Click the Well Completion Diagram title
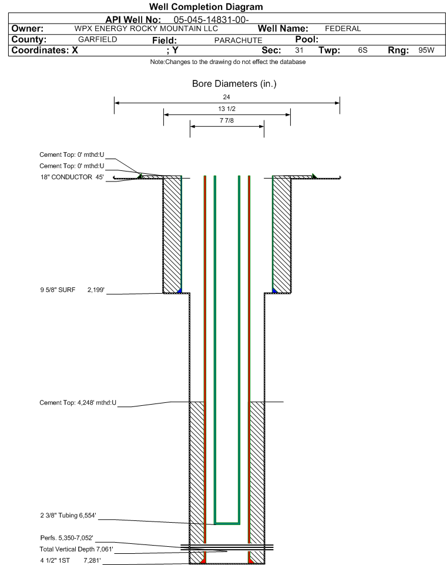click(206, 7)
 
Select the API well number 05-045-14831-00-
click(211, 19)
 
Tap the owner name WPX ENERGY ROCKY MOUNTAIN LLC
click(146, 28)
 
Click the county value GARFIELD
click(98, 39)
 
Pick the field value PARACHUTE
click(239, 41)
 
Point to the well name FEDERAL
click(343, 28)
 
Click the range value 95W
click(426, 50)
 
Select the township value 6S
click(363, 50)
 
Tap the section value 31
click(299, 50)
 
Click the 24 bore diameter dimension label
click(226, 97)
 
